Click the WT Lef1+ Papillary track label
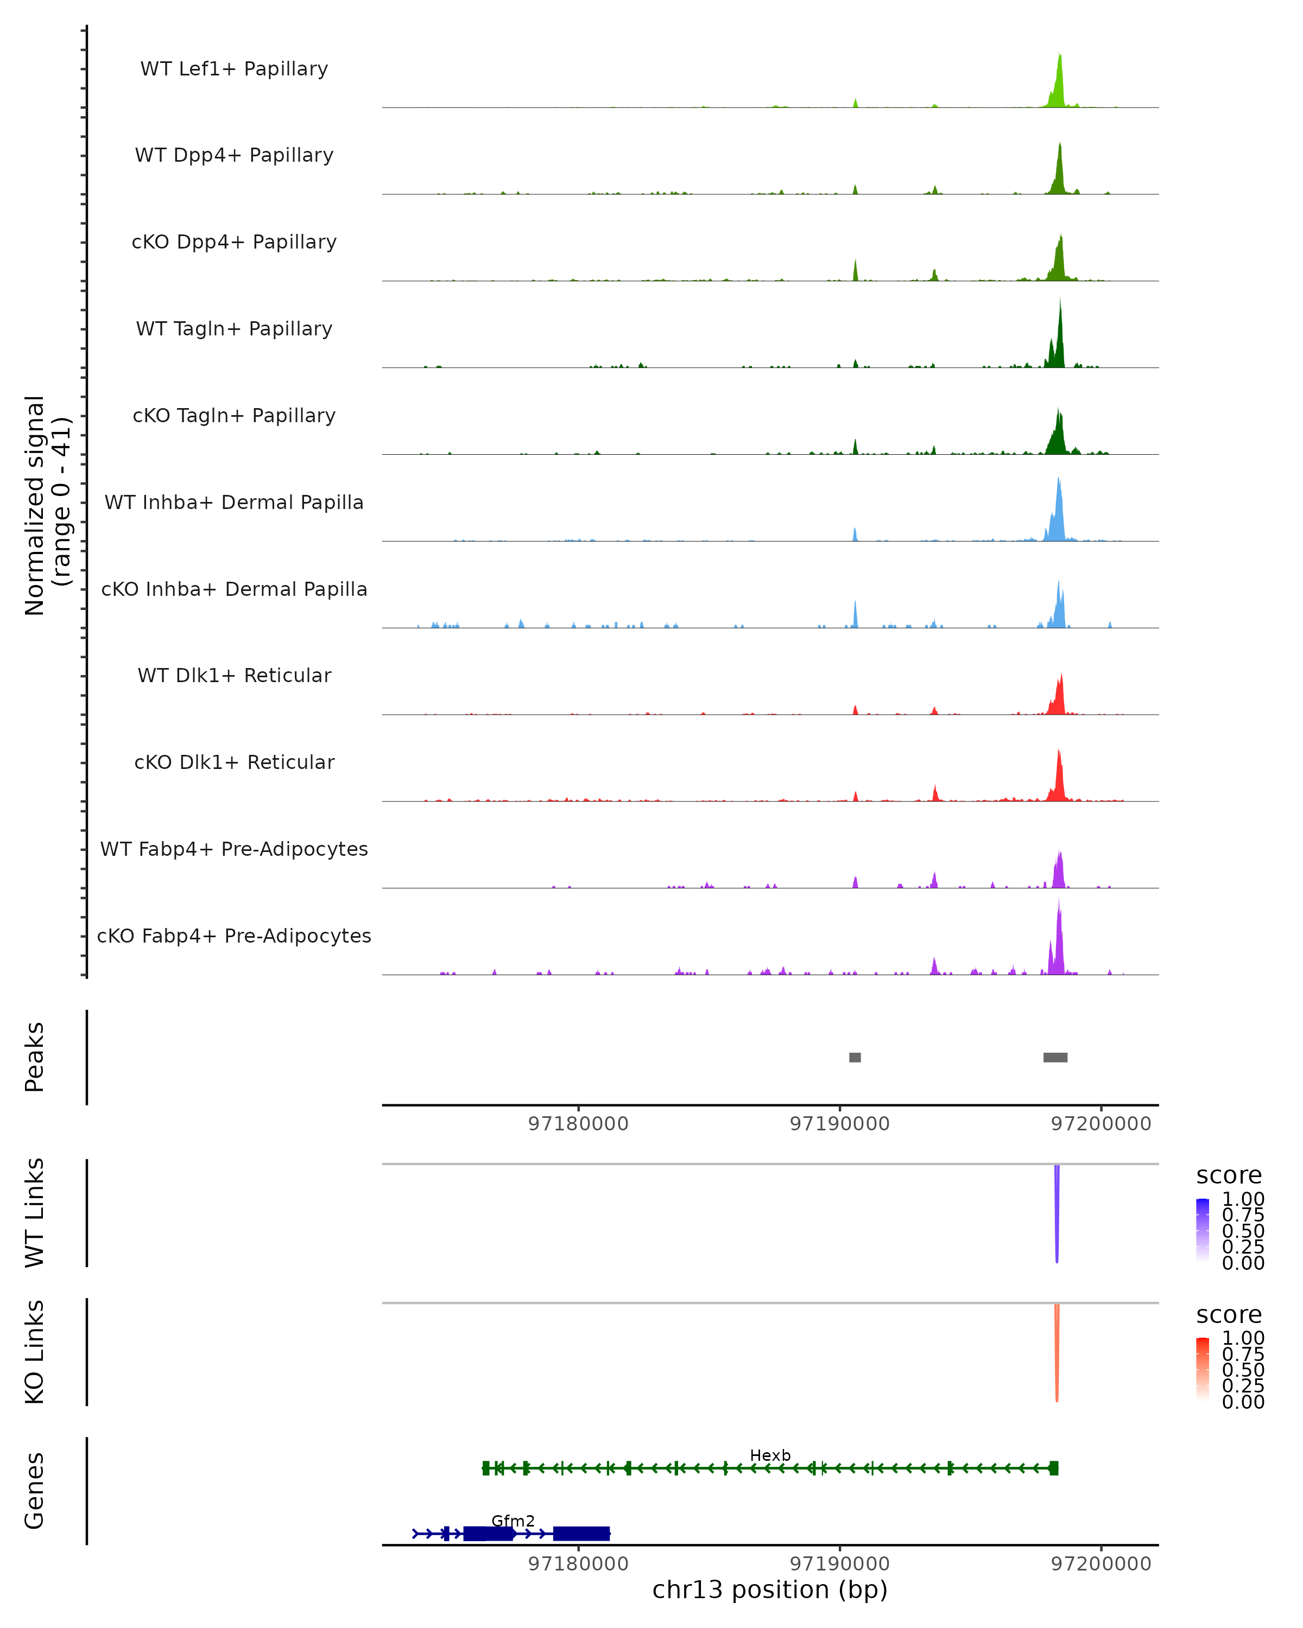[x=234, y=69]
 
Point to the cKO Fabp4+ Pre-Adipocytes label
[x=234, y=936]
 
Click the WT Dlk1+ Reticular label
[x=234, y=675]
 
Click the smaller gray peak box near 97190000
[x=855, y=1057]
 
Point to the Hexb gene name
[x=770, y=1455]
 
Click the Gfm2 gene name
[x=513, y=1521]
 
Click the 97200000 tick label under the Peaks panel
[x=1100, y=1124]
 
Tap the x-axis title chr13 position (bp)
[x=770, y=1590]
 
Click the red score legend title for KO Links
[x=1228, y=1315]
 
